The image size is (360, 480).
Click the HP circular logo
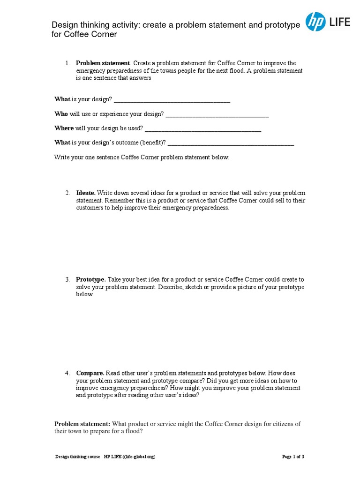[316, 22]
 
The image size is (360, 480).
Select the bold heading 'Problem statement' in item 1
[103, 63]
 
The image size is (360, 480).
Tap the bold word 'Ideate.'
[86, 193]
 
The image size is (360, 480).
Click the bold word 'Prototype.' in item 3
[91, 279]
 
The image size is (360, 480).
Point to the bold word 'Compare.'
[90, 373]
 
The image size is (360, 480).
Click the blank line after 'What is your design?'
[172, 99]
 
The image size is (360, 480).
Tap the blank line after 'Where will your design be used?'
[202, 128]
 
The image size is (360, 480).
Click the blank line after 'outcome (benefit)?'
[231, 143]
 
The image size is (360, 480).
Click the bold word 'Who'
[61, 114]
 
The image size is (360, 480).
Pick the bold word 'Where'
[64, 128]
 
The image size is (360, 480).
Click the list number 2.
[67, 193]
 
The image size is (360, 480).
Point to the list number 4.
[67, 373]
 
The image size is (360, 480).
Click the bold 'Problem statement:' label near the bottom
[82, 424]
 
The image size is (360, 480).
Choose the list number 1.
[67, 63]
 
